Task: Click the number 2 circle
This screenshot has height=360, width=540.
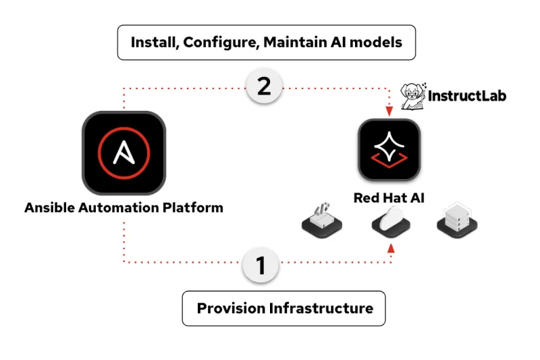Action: coord(264,88)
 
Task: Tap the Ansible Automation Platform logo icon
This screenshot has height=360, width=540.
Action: coord(123,153)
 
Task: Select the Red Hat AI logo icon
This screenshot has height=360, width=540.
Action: coord(389,153)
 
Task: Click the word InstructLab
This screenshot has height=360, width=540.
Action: coord(467,96)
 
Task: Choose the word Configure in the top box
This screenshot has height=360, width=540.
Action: coord(219,43)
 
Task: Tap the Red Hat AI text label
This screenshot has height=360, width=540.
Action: coord(389,199)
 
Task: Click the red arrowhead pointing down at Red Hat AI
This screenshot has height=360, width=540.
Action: coord(389,112)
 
